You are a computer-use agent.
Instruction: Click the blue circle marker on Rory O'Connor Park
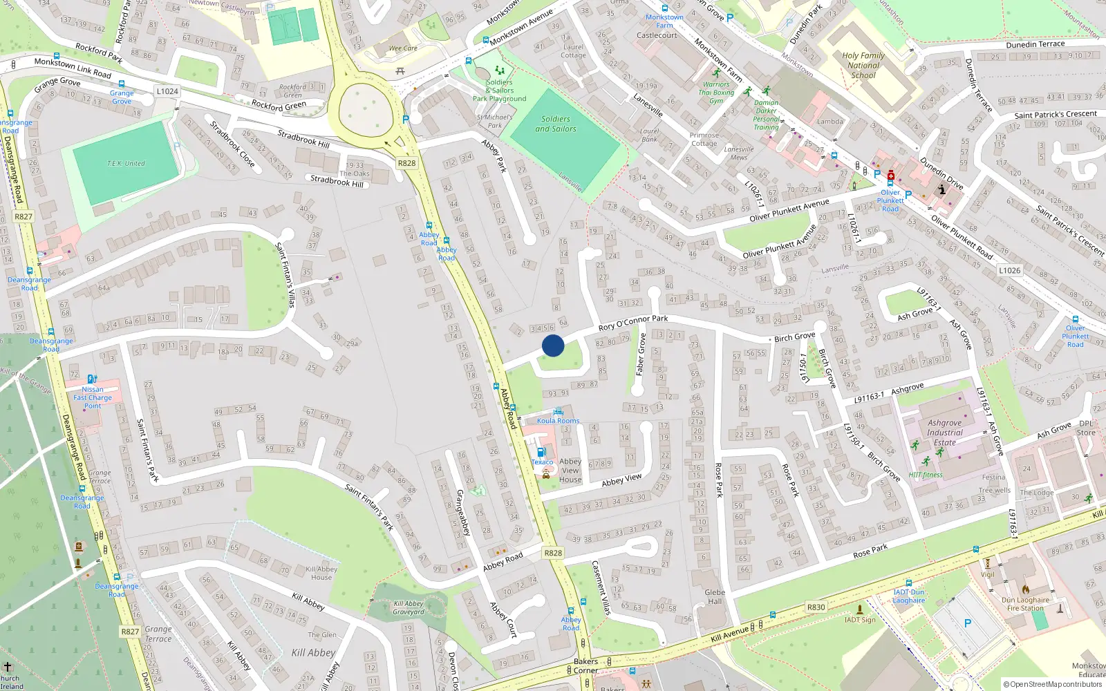tap(553, 345)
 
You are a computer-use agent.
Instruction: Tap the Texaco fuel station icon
tap(541, 452)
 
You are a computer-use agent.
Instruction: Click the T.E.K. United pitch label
tap(126, 164)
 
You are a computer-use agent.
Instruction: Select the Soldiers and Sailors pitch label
tap(556, 124)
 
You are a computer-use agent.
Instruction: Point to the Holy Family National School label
tap(863, 66)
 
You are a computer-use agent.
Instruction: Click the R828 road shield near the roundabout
tap(406, 163)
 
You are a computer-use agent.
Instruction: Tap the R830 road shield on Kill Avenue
tap(816, 607)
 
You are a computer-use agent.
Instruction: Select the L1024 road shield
tap(167, 91)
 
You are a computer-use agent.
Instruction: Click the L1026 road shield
tap(1009, 270)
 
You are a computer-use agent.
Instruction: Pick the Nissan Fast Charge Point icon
tap(93, 379)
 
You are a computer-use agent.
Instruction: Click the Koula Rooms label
tap(559, 421)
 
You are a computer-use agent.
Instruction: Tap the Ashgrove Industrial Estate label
tap(945, 433)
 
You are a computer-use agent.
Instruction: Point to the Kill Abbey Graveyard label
tap(409, 607)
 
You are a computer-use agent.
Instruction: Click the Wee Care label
tap(403, 48)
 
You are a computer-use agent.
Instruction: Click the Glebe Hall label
tap(715, 597)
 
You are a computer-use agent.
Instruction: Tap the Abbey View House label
tap(570, 471)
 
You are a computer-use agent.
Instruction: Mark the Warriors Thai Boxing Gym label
tap(716, 93)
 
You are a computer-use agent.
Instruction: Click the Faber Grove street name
tap(641, 354)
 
